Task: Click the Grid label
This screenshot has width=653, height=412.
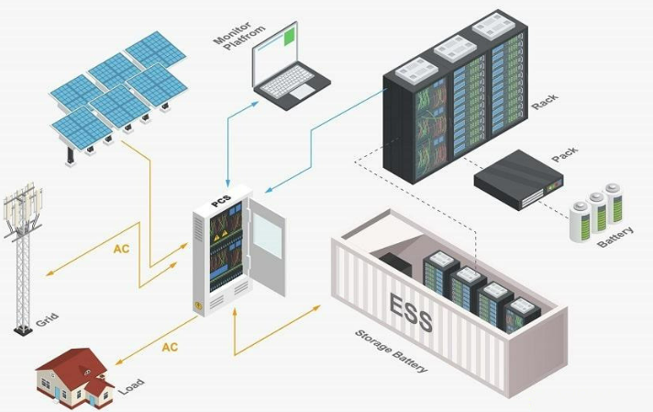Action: [47, 322]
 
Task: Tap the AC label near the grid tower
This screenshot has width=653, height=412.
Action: [122, 249]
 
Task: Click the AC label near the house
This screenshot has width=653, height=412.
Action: [170, 347]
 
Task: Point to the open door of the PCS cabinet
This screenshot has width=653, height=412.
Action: [268, 248]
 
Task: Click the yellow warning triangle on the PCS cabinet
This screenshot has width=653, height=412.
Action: [220, 236]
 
